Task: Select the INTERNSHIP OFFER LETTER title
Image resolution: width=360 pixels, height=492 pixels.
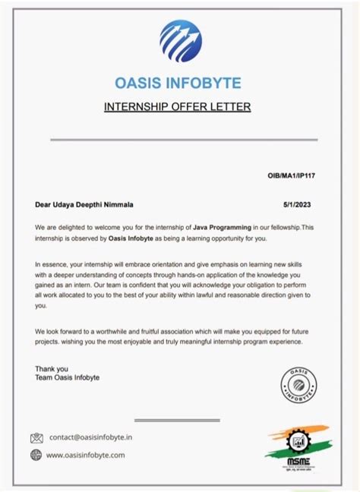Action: (177, 106)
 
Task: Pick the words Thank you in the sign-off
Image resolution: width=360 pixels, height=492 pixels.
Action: (52, 369)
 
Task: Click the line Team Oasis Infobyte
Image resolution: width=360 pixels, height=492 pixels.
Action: (68, 377)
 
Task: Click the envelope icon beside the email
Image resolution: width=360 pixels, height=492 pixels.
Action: (36, 438)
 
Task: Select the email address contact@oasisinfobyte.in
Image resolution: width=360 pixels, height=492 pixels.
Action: (91, 438)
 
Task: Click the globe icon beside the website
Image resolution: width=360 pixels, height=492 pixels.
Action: (36, 456)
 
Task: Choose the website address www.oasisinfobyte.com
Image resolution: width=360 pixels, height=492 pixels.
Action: (86, 456)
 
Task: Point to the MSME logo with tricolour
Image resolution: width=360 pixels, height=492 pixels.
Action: (296, 449)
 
